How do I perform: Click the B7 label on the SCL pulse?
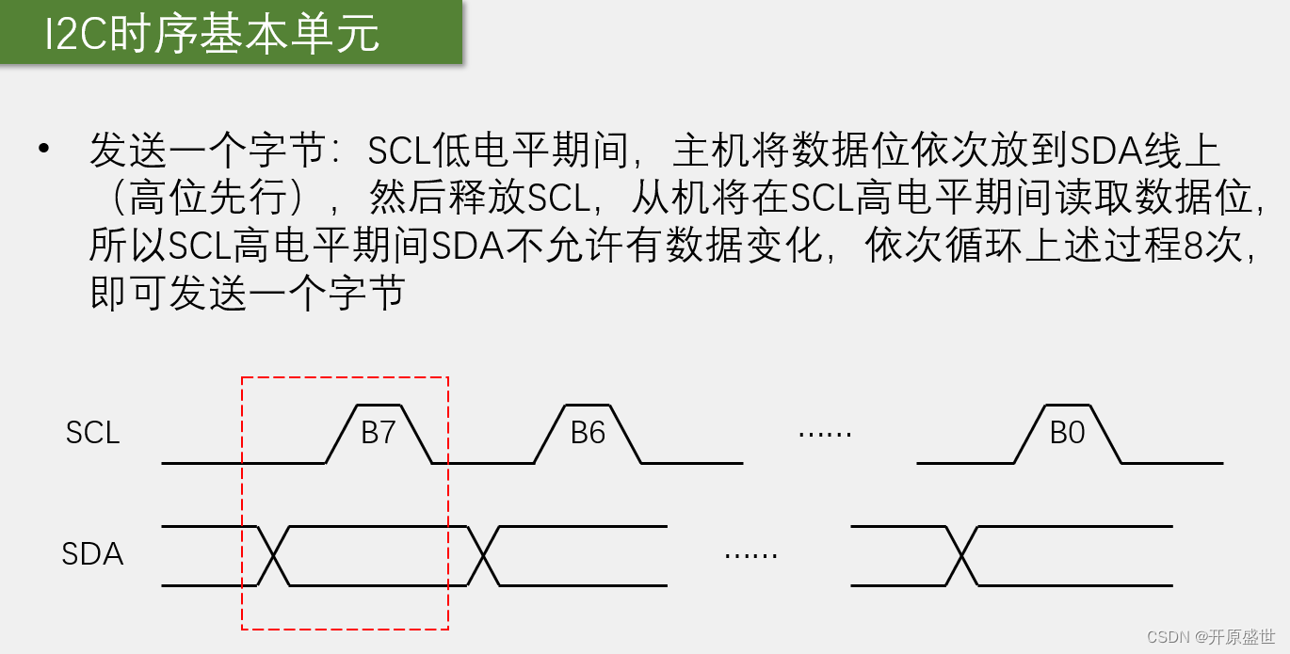pos(379,433)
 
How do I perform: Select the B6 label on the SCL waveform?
pos(588,433)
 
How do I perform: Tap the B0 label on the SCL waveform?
pos(1067,433)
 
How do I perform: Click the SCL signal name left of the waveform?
pos(92,433)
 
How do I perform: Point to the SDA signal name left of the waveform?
pos(92,554)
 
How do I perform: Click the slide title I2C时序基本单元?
pos(213,34)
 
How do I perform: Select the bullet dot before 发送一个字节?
pos(42,150)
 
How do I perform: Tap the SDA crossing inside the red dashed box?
pos(273,555)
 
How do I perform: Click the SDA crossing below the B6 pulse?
pos(482,555)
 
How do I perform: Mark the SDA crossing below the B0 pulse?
pos(961,555)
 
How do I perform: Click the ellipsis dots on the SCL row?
pos(824,434)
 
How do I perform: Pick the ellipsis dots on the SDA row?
pos(750,555)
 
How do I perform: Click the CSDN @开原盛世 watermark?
pos(1211,637)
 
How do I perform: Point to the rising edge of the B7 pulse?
pos(341,434)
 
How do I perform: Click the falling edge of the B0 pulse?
pos(1105,434)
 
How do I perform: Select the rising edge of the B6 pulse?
pos(550,434)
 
